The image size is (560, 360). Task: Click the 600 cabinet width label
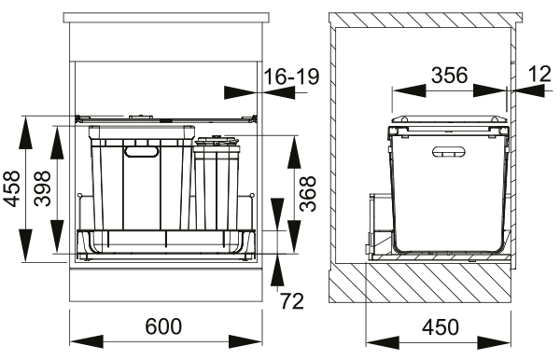[165, 326]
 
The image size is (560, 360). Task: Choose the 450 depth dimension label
[440, 326]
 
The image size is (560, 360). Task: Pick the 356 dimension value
[449, 76]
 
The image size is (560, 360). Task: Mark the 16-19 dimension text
[288, 76]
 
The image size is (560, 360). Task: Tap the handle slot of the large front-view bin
[142, 150]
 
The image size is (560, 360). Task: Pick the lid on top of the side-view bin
[449, 122]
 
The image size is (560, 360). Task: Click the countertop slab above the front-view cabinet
[164, 19]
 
